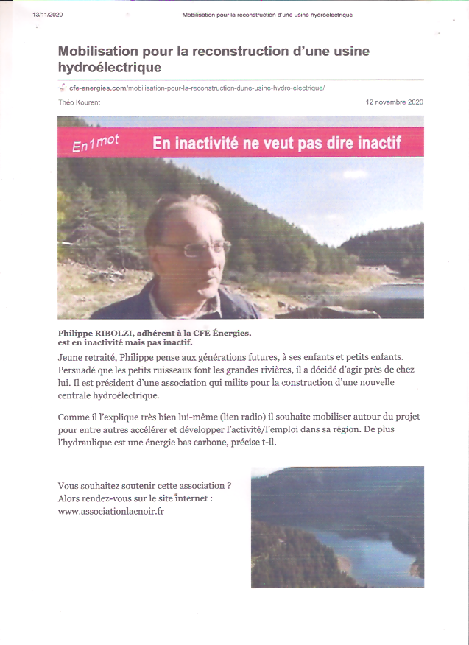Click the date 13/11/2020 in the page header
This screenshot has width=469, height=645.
[48, 15]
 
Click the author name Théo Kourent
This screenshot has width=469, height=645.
[79, 102]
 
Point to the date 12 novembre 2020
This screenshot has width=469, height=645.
[394, 102]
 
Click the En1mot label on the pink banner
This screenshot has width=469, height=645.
[96, 144]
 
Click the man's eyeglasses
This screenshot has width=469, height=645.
[195, 249]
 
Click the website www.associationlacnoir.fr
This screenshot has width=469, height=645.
[110, 511]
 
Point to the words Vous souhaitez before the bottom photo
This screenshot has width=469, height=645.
[88, 486]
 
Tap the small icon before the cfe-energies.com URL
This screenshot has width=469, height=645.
[63, 88]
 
